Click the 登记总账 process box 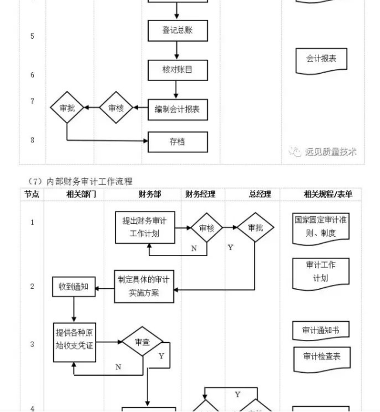pos(177,30)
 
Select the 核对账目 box pos(177,70)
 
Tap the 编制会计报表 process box pos(177,109)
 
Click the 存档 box pos(177,142)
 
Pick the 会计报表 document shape pos(321,59)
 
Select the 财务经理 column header pos(200,194)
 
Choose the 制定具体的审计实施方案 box pos(144,286)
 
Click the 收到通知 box pos(74,287)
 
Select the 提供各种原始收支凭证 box pos(74,339)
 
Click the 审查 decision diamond pos(142,342)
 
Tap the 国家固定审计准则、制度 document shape pos(321,226)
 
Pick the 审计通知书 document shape pos(321,331)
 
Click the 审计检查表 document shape pos(321,356)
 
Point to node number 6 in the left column pos(32,75)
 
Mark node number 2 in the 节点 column pos(32,286)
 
